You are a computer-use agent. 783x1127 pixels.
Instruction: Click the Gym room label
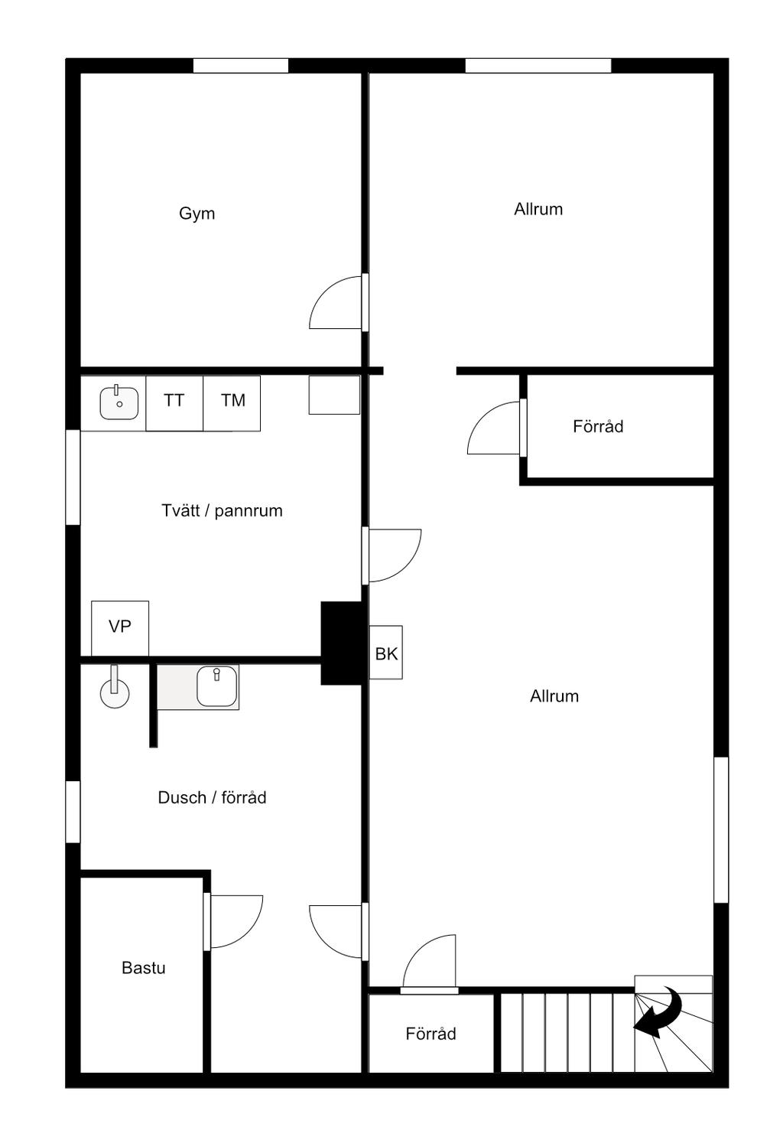(197, 213)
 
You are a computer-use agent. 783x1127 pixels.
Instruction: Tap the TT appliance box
(174, 401)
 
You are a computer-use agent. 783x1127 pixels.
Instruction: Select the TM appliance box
(232, 401)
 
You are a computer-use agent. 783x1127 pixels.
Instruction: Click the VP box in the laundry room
(120, 627)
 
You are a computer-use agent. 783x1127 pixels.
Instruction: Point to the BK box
(386, 653)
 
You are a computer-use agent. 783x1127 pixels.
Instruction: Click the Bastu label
(144, 968)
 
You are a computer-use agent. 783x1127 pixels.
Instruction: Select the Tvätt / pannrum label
(222, 511)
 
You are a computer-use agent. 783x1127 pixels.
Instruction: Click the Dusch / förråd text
(212, 798)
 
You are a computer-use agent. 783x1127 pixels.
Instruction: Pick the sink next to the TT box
(119, 402)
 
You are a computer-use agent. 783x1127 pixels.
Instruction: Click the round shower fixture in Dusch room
(115, 692)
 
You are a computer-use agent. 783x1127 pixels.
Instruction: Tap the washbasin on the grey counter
(217, 686)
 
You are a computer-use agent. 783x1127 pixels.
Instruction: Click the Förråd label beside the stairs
(430, 1034)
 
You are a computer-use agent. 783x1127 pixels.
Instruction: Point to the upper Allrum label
(538, 210)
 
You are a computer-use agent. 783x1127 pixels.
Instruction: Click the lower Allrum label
(554, 696)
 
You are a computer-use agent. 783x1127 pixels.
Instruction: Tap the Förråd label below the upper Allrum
(598, 427)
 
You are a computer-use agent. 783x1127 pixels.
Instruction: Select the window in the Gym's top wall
(240, 66)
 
